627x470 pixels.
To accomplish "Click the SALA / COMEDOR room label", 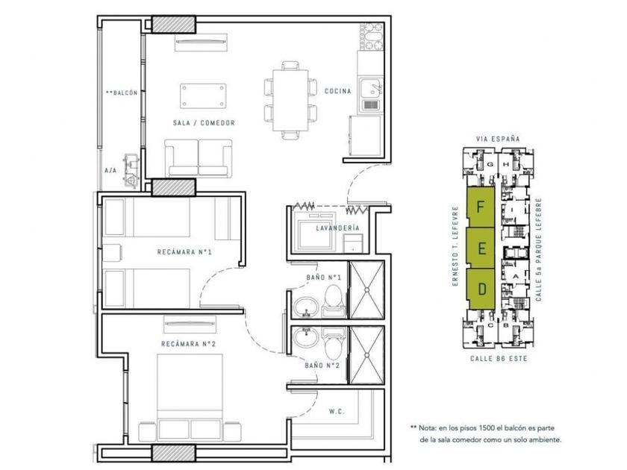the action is (204, 122).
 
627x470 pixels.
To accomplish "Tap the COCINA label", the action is (338, 91).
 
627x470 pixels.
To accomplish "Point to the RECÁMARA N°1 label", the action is (184, 252).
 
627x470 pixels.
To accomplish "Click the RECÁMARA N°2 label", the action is (188, 344).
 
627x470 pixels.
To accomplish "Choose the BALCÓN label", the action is (122, 93).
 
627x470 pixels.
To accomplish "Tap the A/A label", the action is (110, 171).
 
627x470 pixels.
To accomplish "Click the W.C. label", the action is (337, 411).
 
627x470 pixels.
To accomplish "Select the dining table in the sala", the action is (290, 100).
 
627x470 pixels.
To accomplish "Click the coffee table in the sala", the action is (203, 96).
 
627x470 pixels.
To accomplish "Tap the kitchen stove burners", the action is (372, 37).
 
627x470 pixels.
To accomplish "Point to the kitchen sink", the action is (372, 95).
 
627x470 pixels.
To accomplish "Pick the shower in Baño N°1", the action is (366, 289).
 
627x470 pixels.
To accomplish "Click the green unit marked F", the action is (481, 207).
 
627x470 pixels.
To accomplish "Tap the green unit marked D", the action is (482, 289).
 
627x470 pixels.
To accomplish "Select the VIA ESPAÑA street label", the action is (498, 139).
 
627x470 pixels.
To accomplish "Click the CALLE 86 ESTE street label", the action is (499, 359).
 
